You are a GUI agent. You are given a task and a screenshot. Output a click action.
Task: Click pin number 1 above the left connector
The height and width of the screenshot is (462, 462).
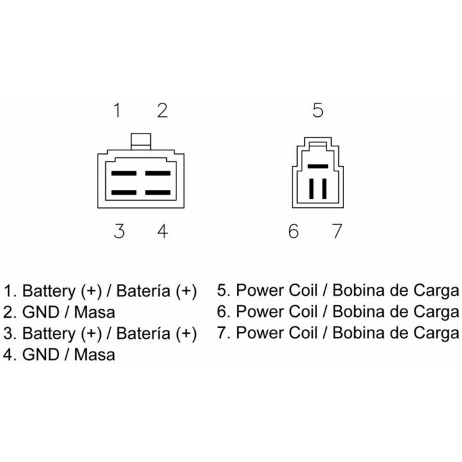coord(117,110)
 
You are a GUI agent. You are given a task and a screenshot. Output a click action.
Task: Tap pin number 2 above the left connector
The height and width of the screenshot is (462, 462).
coord(162,110)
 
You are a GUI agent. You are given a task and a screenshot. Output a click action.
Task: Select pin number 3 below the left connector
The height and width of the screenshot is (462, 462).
coord(119,231)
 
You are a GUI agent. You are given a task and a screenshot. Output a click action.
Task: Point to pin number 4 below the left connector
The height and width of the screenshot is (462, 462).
coord(162,231)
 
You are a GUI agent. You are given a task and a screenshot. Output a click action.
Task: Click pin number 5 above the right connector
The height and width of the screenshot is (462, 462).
coord(318,110)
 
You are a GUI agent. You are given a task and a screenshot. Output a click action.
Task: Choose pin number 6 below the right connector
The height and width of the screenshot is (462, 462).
coord(293,231)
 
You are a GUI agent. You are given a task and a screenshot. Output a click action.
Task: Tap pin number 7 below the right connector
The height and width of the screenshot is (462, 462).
coord(337,231)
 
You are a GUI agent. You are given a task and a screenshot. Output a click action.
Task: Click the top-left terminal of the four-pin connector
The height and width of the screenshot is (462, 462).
coord(124,173)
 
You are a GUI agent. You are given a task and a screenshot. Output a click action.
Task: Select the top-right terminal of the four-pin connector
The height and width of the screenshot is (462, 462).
coord(158,173)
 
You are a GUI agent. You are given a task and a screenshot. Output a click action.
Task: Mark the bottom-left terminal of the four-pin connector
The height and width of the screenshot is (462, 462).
coord(124,193)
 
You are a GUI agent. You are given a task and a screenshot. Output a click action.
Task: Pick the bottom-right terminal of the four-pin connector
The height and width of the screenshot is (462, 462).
coord(158,193)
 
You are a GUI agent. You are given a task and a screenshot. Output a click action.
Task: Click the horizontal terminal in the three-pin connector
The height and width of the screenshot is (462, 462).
coord(318,166)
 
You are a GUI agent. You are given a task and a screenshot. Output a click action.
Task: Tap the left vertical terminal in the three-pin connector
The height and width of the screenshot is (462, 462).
coord(311,189)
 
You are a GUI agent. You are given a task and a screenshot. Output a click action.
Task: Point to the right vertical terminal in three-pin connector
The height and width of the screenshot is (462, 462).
coord(325,189)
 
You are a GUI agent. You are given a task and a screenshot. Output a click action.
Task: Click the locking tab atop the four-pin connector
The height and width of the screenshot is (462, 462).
coord(141,142)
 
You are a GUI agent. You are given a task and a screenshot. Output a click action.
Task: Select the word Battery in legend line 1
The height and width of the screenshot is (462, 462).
coord(49,291)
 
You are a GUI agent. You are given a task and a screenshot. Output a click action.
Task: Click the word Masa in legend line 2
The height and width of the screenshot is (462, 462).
coord(94,312)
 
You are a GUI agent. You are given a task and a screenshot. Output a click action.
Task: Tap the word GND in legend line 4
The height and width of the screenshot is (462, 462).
coord(41,354)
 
